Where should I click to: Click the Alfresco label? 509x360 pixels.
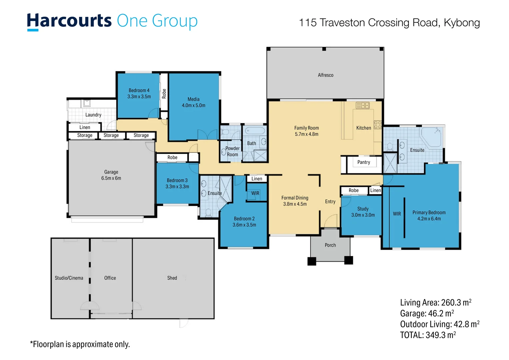point(325,75)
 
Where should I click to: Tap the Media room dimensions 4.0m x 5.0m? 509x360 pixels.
point(194,105)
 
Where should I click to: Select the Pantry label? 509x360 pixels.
point(363,162)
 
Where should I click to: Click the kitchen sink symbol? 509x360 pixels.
point(362,105)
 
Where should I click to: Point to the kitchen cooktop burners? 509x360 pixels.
point(378,125)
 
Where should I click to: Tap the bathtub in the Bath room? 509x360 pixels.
point(255,131)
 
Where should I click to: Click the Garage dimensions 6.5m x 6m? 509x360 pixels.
point(111,178)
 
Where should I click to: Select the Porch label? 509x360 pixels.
point(330,245)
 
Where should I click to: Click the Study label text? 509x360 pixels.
point(363,209)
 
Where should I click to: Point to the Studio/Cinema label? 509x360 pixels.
point(69,278)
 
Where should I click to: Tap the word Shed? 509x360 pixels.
point(172,278)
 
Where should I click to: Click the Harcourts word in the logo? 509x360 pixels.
point(69,21)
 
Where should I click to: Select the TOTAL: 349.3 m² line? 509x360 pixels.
point(428,335)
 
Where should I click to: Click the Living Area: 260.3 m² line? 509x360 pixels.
point(436,302)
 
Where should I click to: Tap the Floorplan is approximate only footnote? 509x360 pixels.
point(80,344)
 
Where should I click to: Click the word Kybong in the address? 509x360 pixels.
point(462,23)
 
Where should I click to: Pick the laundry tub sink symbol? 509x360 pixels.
point(87,103)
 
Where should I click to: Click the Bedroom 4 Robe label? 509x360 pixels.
point(164,93)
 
